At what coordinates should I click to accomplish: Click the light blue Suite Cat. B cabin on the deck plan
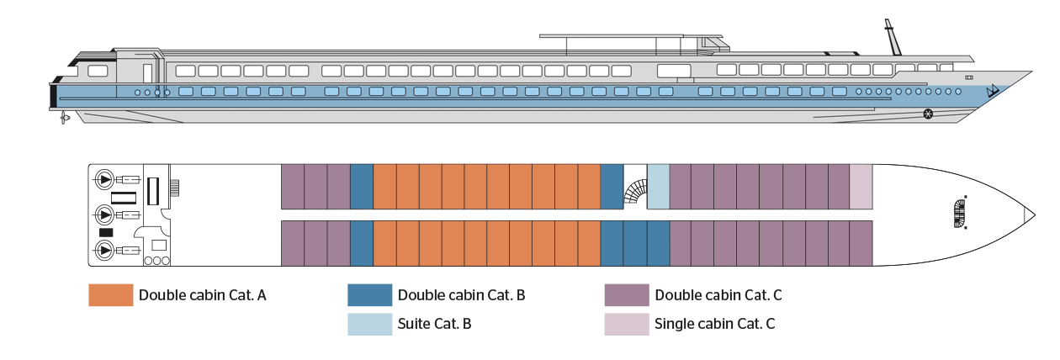[x=658, y=186]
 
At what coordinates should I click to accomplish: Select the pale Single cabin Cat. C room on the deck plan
[x=861, y=186]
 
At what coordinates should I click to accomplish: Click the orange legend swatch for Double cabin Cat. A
[x=111, y=295]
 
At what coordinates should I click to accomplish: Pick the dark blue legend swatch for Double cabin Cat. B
[x=370, y=295]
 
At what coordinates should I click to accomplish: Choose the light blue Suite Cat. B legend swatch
[x=370, y=324]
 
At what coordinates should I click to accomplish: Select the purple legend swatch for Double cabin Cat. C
[x=627, y=295]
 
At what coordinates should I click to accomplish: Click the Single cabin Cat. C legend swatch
[x=627, y=324]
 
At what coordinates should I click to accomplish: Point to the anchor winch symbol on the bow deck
[x=959, y=214]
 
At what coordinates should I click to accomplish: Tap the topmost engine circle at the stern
[x=104, y=178]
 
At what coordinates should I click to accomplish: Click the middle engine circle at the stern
[x=104, y=214]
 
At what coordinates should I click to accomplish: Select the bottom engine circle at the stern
[x=104, y=250]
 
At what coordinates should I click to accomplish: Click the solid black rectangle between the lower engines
[x=107, y=232]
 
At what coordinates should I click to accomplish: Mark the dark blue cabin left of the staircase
[x=612, y=186]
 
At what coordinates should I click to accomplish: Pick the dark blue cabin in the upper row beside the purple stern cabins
[x=361, y=186]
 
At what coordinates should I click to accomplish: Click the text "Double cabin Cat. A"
[x=203, y=295]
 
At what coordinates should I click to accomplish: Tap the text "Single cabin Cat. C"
[x=714, y=324]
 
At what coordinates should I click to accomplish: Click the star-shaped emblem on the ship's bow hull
[x=928, y=114]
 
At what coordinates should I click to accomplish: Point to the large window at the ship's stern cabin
[x=98, y=71]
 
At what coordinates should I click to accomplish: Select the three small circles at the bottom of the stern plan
[x=156, y=262]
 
